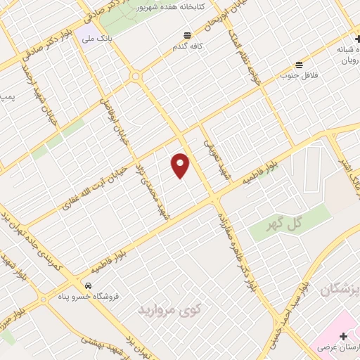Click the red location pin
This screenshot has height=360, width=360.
181,165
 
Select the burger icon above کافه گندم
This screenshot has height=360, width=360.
187,35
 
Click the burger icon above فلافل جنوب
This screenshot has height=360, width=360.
300,64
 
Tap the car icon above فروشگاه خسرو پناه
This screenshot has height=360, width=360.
89,286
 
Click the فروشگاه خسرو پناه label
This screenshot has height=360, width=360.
89,296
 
